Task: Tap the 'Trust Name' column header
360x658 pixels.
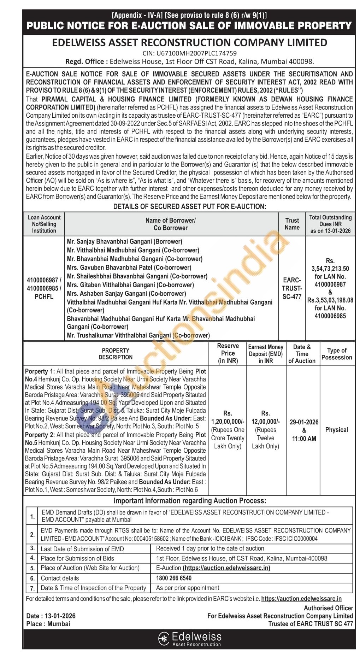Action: point(292,224)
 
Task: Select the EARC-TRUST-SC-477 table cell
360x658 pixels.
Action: point(292,288)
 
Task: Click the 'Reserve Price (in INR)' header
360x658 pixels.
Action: point(228,353)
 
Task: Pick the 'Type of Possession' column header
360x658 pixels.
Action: point(337,354)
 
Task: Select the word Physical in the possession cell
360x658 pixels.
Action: point(337,430)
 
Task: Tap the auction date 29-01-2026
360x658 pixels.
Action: point(304,422)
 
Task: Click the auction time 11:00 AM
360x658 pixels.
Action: point(304,439)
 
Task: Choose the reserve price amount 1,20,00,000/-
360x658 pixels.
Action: point(228,421)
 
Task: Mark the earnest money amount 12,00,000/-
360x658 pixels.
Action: point(266,421)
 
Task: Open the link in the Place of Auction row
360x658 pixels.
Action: point(226,568)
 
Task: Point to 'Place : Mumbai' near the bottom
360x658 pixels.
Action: point(48,624)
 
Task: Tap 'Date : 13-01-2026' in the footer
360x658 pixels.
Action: point(51,616)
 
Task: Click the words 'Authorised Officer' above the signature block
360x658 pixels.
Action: point(328,608)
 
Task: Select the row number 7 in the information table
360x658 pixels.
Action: point(33,588)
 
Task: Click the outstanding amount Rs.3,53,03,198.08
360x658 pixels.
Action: point(330,300)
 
